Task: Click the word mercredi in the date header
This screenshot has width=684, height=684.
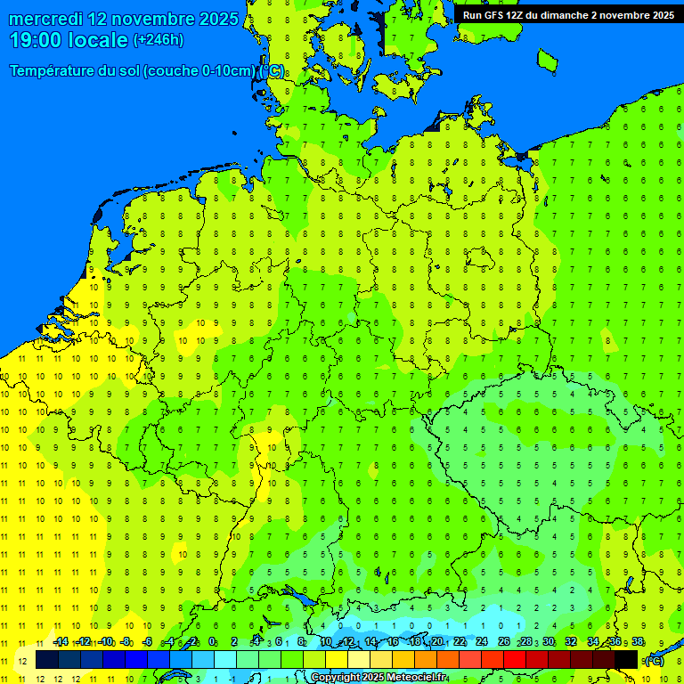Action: tap(45, 19)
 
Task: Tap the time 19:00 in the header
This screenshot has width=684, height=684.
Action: tap(37, 40)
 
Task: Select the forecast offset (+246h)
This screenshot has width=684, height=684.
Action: tap(158, 40)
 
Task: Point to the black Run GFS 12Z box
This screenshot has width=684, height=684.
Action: tap(567, 14)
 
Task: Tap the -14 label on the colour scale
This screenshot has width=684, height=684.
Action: tap(61, 642)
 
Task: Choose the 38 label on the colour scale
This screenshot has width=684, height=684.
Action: tap(638, 642)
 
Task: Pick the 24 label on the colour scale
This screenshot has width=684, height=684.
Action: tap(482, 642)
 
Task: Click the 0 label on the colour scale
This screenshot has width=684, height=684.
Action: tap(212, 642)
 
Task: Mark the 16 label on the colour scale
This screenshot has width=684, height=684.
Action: tap(392, 642)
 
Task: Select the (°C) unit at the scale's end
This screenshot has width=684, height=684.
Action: tap(655, 660)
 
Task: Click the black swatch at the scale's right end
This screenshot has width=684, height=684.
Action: tap(626, 659)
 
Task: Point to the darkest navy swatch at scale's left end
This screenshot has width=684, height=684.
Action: tap(47, 659)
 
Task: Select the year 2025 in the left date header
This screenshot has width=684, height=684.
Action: tap(217, 19)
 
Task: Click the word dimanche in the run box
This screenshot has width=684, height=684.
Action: tap(561, 14)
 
